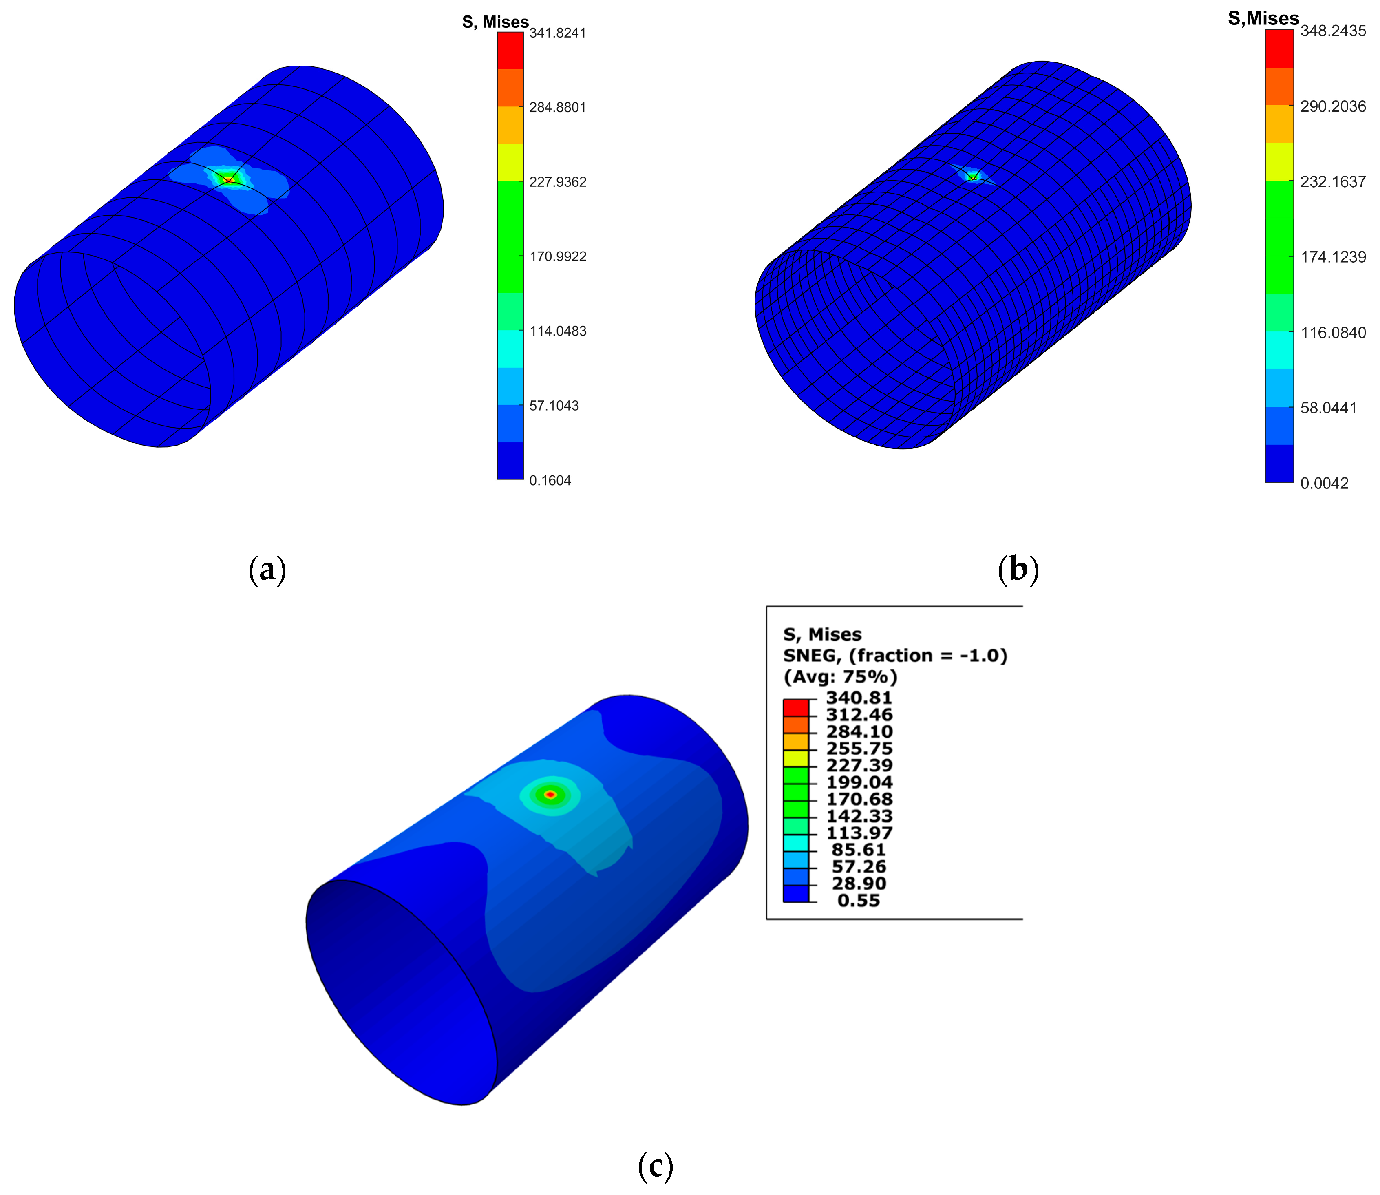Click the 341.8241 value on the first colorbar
tap(557, 33)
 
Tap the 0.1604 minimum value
tap(550, 481)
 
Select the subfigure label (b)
tap(1018, 570)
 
